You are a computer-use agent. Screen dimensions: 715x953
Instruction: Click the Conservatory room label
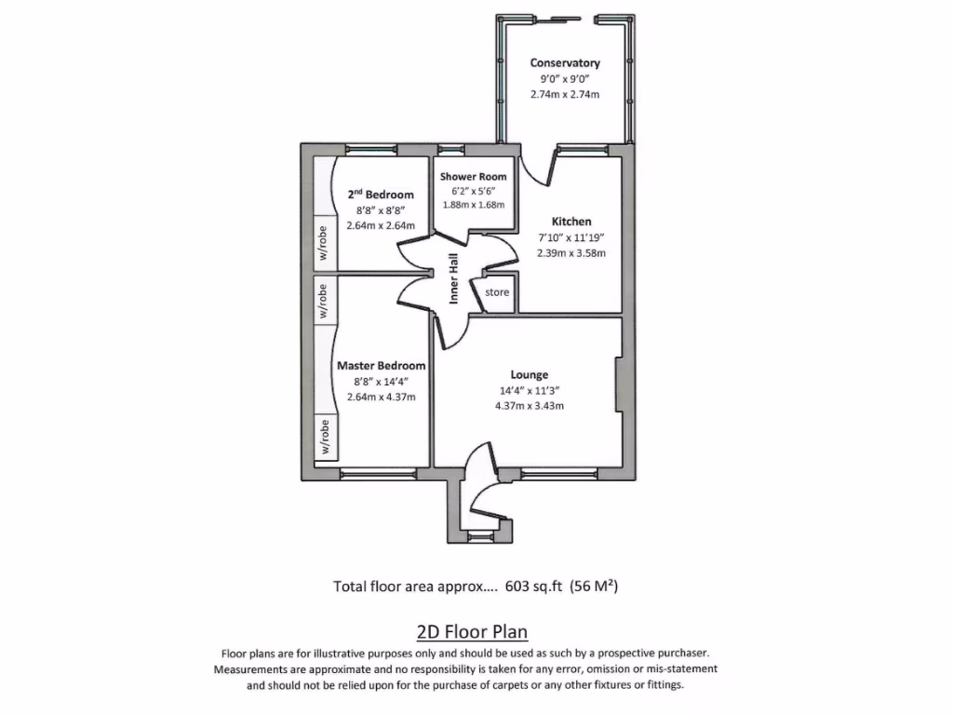pos(565,63)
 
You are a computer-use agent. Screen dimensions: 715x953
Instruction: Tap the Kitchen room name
pos(571,222)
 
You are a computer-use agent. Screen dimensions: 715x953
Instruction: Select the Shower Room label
pos(474,176)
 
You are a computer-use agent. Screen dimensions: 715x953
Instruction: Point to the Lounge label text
pos(529,375)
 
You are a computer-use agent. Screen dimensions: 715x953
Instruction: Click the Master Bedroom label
pos(381,366)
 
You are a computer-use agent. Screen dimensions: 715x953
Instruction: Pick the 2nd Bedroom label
pos(380,195)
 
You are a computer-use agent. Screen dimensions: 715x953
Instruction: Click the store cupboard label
pos(498,292)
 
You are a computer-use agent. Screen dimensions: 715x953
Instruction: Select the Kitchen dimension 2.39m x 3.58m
pos(571,252)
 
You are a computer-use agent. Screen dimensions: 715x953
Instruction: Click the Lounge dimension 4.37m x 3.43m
pos(529,406)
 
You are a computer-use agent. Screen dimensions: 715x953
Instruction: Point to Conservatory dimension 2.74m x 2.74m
pos(565,94)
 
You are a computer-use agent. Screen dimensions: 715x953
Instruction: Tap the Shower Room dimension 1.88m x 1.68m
pos(473,205)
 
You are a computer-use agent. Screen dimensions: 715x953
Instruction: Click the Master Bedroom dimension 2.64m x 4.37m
pos(381,397)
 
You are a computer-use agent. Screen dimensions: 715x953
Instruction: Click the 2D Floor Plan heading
pos(472,632)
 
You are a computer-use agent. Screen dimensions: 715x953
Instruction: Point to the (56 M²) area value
pos(593,587)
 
